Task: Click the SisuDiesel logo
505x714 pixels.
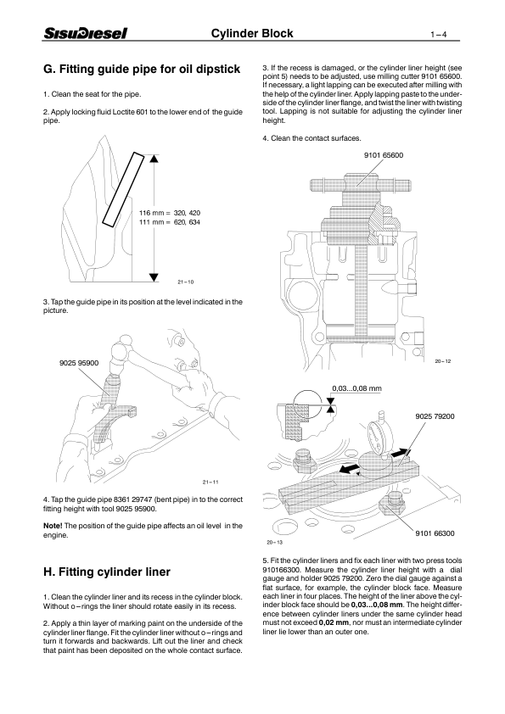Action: click(85, 34)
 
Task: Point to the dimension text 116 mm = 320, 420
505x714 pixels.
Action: click(169, 211)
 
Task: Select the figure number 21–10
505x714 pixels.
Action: click(186, 282)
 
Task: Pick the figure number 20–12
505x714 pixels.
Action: click(443, 362)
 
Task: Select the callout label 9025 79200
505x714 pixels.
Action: click(435, 416)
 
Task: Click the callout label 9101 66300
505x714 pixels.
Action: click(435, 533)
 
